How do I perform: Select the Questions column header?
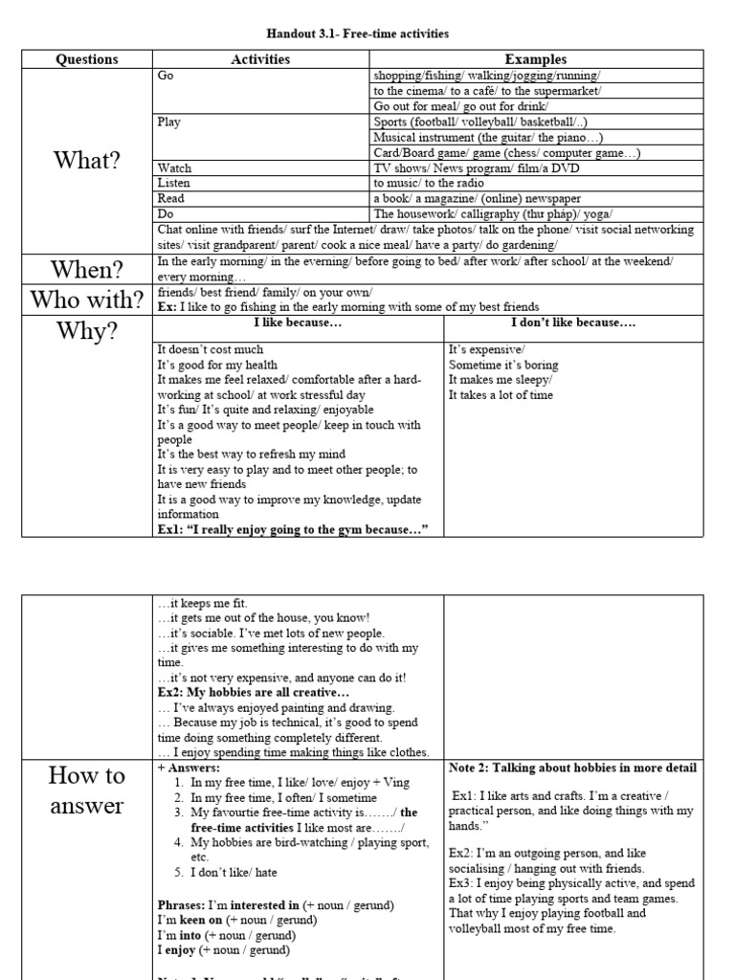pyautogui.click(x=87, y=59)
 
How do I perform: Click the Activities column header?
pyautogui.click(x=260, y=59)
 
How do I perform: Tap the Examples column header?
pyautogui.click(x=535, y=59)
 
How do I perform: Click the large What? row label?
pyautogui.click(x=87, y=160)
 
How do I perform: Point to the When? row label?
pyautogui.click(x=87, y=269)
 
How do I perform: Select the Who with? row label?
pyautogui.click(x=87, y=300)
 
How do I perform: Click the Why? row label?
pyautogui.click(x=87, y=331)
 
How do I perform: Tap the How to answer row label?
pyautogui.click(x=87, y=790)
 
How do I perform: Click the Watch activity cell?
pyautogui.click(x=174, y=167)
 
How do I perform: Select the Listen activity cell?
pyautogui.click(x=174, y=183)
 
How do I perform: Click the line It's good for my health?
pyautogui.click(x=217, y=365)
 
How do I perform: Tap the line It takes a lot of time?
pyautogui.click(x=501, y=394)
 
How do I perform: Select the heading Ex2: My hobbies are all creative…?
pyautogui.click(x=254, y=692)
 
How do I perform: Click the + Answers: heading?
pyautogui.click(x=189, y=768)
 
